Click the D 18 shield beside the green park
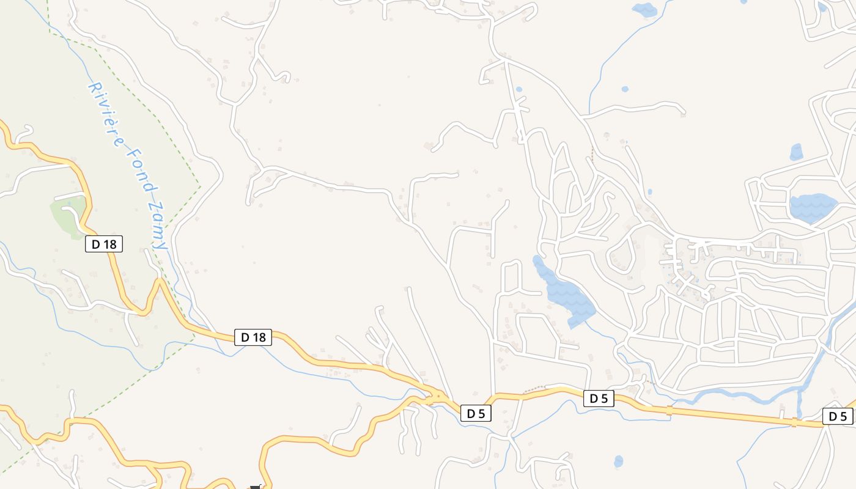click(104, 244)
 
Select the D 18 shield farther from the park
click(253, 337)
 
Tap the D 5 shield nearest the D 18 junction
click(476, 414)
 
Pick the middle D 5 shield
click(599, 399)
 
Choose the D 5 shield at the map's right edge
click(838, 416)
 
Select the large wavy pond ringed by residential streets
click(813, 208)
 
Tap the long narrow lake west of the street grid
click(566, 293)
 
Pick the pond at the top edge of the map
click(644, 10)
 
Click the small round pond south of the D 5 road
click(618, 461)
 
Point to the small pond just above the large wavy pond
click(796, 152)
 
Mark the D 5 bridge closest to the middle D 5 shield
click(669, 410)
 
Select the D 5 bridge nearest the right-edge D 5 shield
click(794, 422)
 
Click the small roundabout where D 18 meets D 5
click(432, 400)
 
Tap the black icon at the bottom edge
click(255, 487)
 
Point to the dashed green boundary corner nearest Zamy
click(199, 185)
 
